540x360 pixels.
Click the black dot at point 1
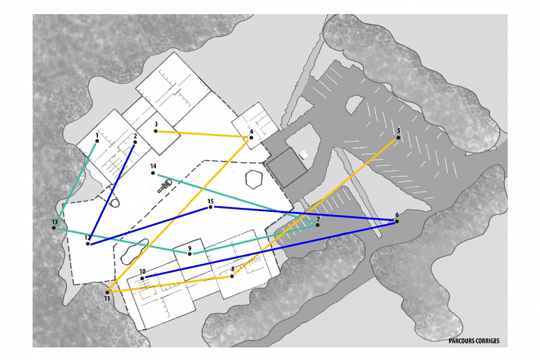pyautogui.click(x=97, y=141)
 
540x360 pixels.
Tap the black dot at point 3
pyautogui.click(x=156, y=131)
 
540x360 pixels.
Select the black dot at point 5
pyautogui.click(x=399, y=138)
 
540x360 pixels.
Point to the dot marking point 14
pyautogui.click(x=153, y=173)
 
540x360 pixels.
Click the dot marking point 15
pyautogui.click(x=210, y=207)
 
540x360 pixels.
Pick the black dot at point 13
pyautogui.click(x=54, y=228)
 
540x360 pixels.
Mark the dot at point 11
pyautogui.click(x=108, y=292)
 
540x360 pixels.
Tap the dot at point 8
pyautogui.click(x=232, y=276)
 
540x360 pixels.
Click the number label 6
pyautogui.click(x=397, y=215)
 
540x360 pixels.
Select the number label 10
pyautogui.click(x=143, y=271)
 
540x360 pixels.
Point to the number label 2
pyautogui.click(x=136, y=136)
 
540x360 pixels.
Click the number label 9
pyautogui.click(x=190, y=248)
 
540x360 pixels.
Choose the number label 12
pyautogui.click(x=87, y=238)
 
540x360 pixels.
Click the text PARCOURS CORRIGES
pyautogui.click(x=474, y=341)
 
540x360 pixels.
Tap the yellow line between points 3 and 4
pyautogui.click(x=203, y=134)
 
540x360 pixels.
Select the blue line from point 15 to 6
pyautogui.click(x=304, y=213)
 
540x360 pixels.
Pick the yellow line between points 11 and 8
pyautogui.click(x=170, y=284)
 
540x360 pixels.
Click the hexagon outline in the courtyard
pyautogui.click(x=254, y=179)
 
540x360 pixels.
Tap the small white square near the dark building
pyautogui.click(x=304, y=154)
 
